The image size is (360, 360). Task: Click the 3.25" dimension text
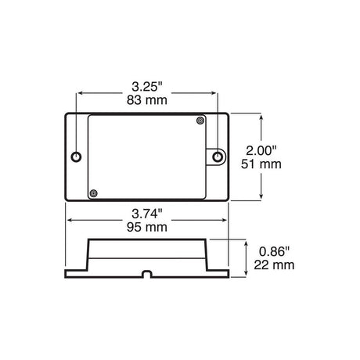click(x=147, y=87)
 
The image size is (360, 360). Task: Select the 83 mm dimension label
click(x=147, y=100)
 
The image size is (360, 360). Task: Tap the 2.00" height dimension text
click(x=261, y=150)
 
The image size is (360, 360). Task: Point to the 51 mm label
click(x=261, y=164)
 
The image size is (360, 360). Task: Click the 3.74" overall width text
click(x=147, y=214)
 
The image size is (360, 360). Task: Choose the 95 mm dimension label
click(x=147, y=227)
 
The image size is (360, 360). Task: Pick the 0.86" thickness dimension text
click(x=274, y=252)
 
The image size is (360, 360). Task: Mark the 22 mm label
click(x=274, y=265)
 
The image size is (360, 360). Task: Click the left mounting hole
click(x=76, y=157)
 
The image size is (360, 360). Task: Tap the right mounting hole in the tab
click(x=218, y=157)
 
